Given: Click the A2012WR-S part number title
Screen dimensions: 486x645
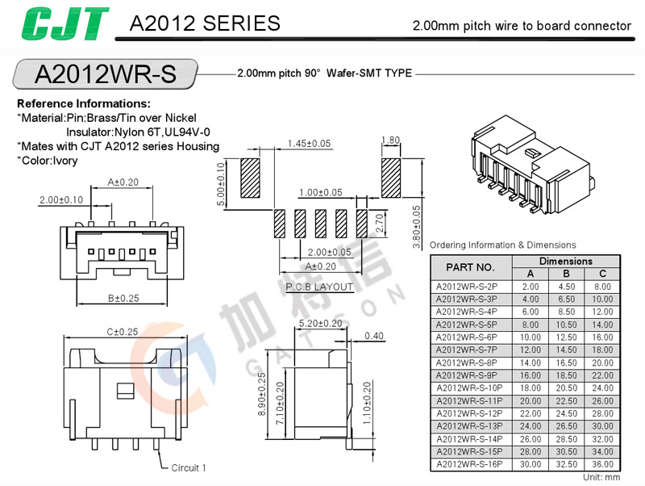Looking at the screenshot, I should pyautogui.click(x=105, y=74).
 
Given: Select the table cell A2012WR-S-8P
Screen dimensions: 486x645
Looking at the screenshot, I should pyautogui.click(x=467, y=363).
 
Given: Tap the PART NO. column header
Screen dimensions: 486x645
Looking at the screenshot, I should pyautogui.click(x=469, y=267).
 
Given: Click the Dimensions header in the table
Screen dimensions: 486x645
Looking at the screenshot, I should pyautogui.click(x=566, y=262).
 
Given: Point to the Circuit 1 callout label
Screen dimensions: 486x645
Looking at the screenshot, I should pyautogui.click(x=189, y=467).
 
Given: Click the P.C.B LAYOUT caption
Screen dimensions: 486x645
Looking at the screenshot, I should pyautogui.click(x=319, y=287).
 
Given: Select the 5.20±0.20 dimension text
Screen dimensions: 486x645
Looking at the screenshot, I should pyautogui.click(x=320, y=324).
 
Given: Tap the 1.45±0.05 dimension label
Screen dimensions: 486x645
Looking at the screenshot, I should pyautogui.click(x=309, y=144).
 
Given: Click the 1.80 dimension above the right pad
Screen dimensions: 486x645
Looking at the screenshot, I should pyautogui.click(x=389, y=140).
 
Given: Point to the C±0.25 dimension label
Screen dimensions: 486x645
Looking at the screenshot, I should pyautogui.click(x=123, y=332).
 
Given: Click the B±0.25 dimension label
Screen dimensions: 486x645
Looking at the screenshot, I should pyautogui.click(x=123, y=298).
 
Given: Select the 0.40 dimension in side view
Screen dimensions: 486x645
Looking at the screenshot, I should pyautogui.click(x=374, y=337).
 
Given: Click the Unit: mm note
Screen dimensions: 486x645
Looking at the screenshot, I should pyautogui.click(x=601, y=478).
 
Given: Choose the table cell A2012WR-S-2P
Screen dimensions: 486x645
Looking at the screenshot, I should pyautogui.click(x=467, y=287).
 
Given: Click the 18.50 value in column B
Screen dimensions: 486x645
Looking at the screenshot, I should pyautogui.click(x=566, y=375).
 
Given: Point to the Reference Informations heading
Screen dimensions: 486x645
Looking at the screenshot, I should pyautogui.click(x=84, y=104).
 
